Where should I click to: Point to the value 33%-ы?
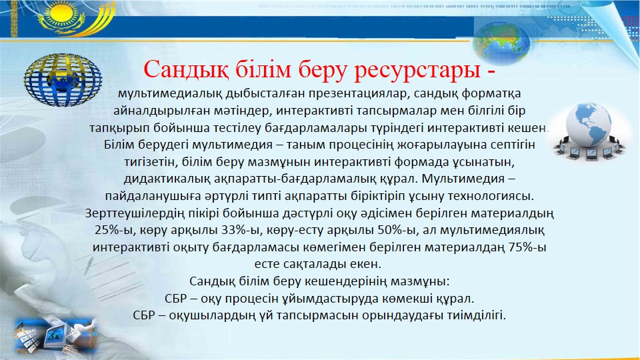click(241, 230)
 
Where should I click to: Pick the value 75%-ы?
click(527, 247)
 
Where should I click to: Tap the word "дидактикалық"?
click(166, 179)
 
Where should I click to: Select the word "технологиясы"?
click(491, 196)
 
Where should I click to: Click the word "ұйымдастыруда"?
click(330, 299)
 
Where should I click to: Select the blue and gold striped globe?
click(63, 80)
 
